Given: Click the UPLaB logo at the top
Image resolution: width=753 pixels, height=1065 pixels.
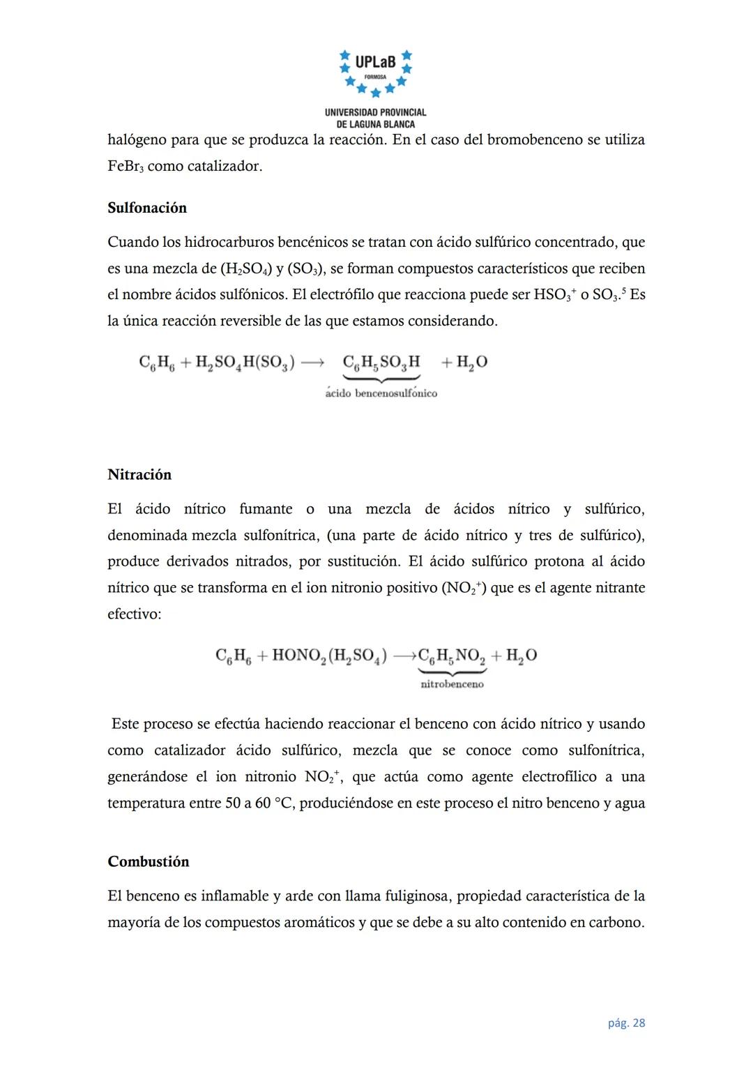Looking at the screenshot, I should [x=375, y=72].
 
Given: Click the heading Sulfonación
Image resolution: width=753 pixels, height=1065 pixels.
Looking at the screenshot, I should [x=147, y=208].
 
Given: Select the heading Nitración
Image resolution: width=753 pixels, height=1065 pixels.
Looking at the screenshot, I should [x=139, y=474].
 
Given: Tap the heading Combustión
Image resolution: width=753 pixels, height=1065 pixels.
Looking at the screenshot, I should [x=149, y=861].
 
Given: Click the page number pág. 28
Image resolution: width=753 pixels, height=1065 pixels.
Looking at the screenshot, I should [x=626, y=1023].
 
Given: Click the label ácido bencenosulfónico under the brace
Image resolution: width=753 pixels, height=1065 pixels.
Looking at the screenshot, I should [x=381, y=393].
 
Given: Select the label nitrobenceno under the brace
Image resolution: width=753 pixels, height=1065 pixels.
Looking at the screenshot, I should [x=452, y=684].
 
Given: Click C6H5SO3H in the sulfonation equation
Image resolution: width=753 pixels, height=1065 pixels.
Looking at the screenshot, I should [x=381, y=362].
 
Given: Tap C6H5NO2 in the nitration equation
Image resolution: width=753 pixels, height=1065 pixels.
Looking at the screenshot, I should [x=452, y=656].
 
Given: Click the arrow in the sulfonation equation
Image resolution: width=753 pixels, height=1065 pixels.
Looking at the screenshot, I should [x=312, y=363].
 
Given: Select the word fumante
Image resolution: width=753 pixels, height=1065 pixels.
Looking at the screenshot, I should [x=266, y=509].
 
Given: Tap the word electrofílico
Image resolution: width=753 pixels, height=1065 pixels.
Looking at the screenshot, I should [x=559, y=777].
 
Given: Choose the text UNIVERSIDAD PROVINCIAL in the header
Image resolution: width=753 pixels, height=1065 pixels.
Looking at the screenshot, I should [x=375, y=112].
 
